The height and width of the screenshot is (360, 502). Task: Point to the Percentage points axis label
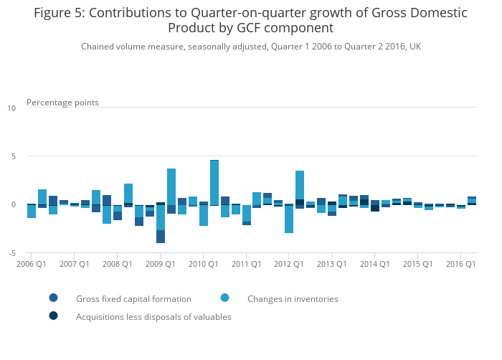[x=62, y=103]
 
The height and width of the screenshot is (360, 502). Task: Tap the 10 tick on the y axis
[x=11, y=109]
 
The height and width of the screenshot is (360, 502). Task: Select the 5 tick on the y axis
[x=13, y=157]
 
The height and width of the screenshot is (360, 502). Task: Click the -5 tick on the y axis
[x=11, y=254]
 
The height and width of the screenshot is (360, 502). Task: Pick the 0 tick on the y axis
[x=13, y=205]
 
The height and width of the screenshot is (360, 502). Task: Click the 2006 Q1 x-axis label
[x=32, y=264]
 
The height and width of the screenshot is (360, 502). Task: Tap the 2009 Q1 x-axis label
[x=160, y=264]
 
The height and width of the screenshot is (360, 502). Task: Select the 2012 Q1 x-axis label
[x=288, y=264]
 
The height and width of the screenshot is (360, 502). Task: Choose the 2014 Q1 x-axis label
[x=374, y=264]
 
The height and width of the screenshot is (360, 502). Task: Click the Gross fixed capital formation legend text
[x=133, y=299]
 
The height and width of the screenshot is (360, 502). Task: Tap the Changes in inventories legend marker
[x=225, y=298]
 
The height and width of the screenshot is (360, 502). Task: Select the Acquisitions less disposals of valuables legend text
[x=153, y=317]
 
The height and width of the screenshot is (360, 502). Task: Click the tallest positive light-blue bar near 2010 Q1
[x=214, y=182]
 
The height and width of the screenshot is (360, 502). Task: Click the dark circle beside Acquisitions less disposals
[x=54, y=316]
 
